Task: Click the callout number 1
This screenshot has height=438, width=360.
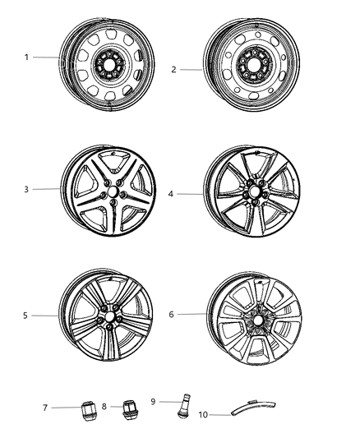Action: [x=27, y=58]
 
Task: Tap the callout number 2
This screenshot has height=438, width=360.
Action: [x=173, y=70]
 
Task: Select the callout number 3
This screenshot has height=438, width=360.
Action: [x=27, y=190]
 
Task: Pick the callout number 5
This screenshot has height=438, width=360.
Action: [x=25, y=316]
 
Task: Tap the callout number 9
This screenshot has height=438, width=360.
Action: [x=154, y=402]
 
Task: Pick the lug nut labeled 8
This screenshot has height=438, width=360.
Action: [x=130, y=408]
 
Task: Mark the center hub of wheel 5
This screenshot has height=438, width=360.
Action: [x=108, y=316]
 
